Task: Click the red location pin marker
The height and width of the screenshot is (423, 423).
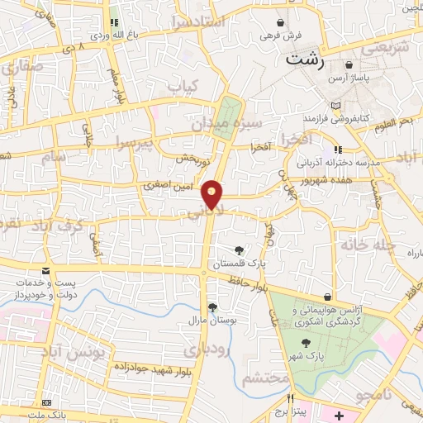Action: click(x=213, y=195)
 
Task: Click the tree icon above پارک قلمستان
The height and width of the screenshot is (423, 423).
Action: click(x=240, y=250)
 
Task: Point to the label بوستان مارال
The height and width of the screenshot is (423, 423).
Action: click(x=207, y=319)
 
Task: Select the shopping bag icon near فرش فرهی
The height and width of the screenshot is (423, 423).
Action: click(x=282, y=22)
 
